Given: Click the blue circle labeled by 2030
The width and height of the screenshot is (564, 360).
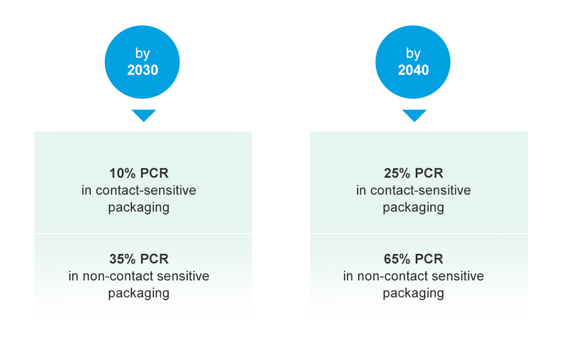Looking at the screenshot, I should [143, 62].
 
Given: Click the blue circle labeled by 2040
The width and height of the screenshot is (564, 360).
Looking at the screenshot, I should [413, 62].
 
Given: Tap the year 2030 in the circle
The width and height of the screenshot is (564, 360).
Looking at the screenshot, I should [143, 71].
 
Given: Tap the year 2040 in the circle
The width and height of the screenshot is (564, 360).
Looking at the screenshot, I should [413, 71].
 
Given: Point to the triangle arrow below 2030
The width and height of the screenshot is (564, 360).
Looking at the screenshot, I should [143, 115].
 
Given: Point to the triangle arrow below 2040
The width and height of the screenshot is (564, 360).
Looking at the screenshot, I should [414, 115].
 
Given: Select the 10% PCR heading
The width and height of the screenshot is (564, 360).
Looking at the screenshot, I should [139, 173].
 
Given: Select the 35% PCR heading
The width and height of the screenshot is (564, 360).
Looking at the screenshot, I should [139, 260].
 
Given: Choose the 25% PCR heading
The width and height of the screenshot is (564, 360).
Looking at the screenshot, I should [413, 173].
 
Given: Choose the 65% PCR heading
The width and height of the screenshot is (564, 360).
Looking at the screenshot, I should [413, 260].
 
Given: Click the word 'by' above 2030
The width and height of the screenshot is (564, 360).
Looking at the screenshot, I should [143, 54].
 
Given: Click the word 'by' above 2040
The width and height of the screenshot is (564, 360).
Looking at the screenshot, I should [413, 54].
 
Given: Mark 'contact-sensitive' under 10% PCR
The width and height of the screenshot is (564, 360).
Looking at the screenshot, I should [146, 190].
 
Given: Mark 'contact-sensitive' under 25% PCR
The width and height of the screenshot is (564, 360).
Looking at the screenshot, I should [420, 190].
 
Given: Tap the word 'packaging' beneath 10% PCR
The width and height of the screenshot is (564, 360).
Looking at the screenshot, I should [139, 207].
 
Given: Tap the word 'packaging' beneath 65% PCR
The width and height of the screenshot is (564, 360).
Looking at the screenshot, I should [413, 293].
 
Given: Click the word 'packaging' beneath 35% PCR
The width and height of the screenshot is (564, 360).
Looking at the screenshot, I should [139, 293].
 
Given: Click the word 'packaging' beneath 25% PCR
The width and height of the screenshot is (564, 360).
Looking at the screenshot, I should [413, 207].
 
